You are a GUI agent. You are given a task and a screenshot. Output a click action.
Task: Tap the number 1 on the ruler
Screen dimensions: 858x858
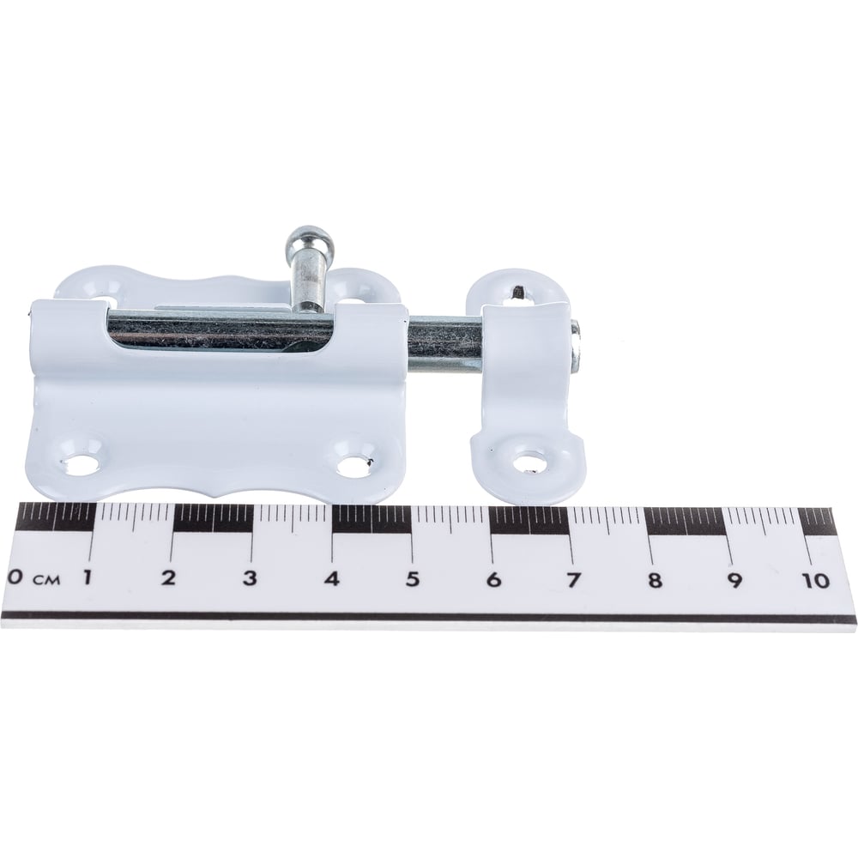tap(86, 577)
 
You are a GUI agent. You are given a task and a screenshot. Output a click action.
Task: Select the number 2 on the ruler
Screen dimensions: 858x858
tap(169, 577)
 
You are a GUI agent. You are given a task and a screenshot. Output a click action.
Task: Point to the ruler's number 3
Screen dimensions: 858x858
tap(250, 577)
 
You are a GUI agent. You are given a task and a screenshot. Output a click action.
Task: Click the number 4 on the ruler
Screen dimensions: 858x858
tap(331, 578)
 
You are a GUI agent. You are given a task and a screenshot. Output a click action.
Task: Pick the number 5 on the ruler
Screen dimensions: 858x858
tap(412, 579)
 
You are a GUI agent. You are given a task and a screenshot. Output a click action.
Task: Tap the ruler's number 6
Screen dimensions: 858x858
tap(493, 579)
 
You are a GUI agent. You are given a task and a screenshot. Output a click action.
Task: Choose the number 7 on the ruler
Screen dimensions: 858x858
tap(572, 580)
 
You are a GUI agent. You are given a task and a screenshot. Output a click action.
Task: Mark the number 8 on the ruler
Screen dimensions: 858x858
tap(655, 580)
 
